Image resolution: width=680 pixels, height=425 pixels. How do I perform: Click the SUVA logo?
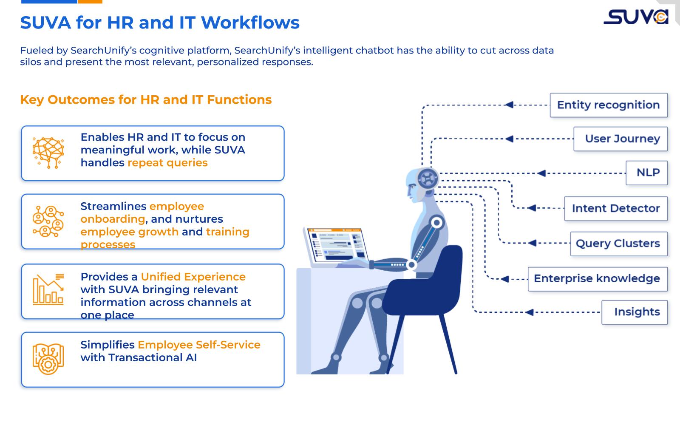coord(636,17)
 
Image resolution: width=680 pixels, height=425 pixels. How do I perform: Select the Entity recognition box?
coord(608,105)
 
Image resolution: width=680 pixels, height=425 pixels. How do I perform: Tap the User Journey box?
coord(620,139)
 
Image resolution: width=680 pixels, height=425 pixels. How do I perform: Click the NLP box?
coord(646,173)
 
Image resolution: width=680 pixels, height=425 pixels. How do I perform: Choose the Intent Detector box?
coord(615,208)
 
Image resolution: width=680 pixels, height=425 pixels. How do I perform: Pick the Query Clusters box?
coord(618,244)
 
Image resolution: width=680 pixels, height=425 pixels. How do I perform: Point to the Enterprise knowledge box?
coord(597,279)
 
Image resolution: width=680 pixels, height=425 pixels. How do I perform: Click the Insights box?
coord(634,312)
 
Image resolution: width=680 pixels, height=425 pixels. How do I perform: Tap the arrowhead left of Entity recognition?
coord(509,105)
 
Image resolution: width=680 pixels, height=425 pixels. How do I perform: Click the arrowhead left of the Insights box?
coord(529,312)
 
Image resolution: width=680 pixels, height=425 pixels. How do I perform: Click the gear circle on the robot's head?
coord(428,177)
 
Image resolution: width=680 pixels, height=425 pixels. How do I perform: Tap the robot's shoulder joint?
coord(436,222)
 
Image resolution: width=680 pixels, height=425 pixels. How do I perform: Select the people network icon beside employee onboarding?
coord(48,221)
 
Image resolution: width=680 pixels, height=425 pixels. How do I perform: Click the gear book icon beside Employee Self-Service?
coord(48,359)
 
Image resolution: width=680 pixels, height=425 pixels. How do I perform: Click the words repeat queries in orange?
coord(167,163)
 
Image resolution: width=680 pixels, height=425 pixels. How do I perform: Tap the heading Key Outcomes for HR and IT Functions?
coord(146,99)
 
